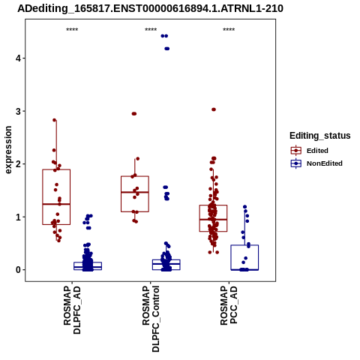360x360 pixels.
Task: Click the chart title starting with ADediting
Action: pos(150,8)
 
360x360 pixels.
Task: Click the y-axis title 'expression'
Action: pos(8,150)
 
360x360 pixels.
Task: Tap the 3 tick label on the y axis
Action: pos(18,111)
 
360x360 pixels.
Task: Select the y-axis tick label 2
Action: pos(18,164)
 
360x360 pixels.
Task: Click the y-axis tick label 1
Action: pos(18,217)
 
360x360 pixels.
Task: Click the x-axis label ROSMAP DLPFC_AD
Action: pos(72,310)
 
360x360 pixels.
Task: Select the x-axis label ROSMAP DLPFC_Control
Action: pos(151,319)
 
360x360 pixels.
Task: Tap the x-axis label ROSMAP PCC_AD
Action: pos(229,305)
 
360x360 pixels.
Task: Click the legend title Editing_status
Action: pos(320,136)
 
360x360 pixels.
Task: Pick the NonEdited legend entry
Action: pos(316,163)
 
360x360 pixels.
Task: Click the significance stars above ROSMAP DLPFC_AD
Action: pos(72,30)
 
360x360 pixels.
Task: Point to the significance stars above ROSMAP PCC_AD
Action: pos(229,30)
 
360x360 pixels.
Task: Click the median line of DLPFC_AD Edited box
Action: pos(56,204)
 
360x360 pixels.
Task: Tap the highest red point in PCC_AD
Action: pos(214,109)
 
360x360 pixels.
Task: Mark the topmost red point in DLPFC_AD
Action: pos(55,120)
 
